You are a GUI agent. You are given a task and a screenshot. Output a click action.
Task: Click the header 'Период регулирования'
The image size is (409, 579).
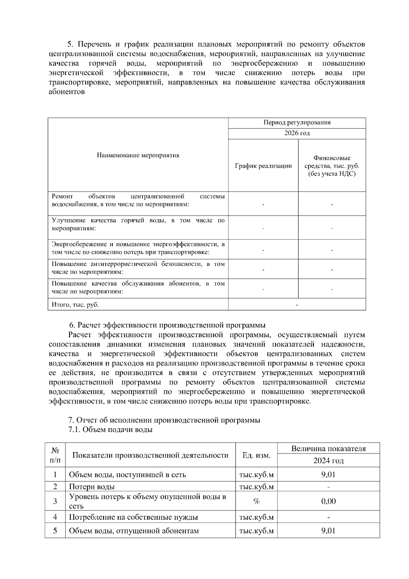coord(297,123)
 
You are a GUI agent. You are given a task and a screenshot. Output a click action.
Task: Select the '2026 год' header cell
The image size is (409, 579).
coord(297,133)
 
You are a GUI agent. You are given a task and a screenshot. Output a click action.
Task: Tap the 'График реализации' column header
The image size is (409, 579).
coord(263,166)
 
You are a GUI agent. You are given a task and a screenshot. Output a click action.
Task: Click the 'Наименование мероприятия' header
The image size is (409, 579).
coord(138,155)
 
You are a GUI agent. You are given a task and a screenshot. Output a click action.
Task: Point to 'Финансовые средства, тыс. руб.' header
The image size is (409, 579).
coord(332,166)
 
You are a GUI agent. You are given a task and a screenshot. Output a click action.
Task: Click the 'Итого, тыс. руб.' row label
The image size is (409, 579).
coord(75,305)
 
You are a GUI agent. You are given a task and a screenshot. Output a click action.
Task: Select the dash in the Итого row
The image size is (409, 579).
coord(297,305)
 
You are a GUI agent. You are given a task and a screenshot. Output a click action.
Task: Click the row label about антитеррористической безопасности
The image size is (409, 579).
coord(138,268)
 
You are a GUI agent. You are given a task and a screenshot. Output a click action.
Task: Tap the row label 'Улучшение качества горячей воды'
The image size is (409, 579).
coord(138,224)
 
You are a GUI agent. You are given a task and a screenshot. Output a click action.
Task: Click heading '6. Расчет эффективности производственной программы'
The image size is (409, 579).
coord(167,325)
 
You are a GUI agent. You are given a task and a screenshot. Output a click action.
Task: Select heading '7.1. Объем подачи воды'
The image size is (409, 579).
coord(110,430)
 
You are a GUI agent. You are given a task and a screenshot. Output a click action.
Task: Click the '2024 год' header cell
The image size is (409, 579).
coord(328,461)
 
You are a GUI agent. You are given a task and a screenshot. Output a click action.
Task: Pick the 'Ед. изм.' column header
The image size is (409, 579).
coord(256,455)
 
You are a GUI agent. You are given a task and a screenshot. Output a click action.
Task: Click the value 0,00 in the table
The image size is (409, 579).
coord(328,501)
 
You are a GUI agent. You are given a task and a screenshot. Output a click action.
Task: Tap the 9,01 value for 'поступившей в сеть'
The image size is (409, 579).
coord(328,474)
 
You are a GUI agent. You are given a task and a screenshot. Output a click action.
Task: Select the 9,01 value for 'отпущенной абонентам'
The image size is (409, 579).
coord(328,531)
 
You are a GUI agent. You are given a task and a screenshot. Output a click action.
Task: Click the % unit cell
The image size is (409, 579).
coord(256,501)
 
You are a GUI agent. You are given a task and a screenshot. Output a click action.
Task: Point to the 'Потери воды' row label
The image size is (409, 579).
coord(92,487)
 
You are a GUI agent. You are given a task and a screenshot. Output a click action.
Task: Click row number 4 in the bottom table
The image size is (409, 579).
coord(55,517)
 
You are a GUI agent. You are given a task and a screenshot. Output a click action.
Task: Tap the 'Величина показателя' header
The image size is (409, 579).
coord(328,448)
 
